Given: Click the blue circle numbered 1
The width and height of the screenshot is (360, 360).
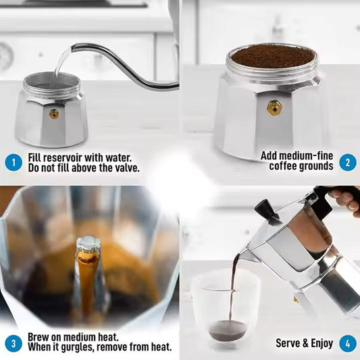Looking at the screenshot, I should (x=13, y=162).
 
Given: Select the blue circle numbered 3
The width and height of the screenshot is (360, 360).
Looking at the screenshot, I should (x=13, y=342).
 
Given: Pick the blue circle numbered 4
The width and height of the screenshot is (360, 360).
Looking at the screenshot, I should (x=347, y=342).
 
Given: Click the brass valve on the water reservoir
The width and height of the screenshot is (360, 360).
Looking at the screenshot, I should (x=54, y=114).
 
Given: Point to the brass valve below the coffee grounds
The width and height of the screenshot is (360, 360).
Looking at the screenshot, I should (x=274, y=108).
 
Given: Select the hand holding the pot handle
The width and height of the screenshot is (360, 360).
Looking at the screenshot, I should (x=346, y=200).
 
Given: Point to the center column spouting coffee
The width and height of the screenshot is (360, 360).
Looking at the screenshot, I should (x=87, y=270).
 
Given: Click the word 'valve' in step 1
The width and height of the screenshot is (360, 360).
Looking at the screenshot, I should (x=126, y=168).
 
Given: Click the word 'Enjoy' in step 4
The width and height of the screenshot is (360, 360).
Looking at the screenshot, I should (x=320, y=343).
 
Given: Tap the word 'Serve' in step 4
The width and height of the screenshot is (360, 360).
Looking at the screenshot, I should (x=288, y=343).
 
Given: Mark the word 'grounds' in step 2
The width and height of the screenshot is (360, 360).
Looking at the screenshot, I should (x=316, y=166).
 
